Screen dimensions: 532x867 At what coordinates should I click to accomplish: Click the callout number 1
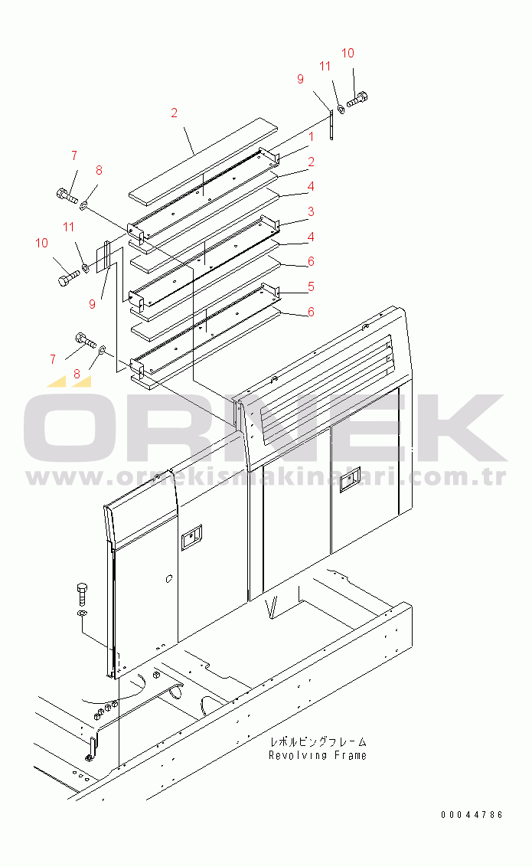[311, 136]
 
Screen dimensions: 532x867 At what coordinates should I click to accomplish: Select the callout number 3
[311, 211]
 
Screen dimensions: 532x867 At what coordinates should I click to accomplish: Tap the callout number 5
[311, 286]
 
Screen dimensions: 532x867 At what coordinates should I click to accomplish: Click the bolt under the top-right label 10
[357, 100]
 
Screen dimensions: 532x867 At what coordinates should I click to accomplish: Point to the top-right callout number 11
[325, 67]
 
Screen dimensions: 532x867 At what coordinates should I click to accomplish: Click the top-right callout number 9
[300, 79]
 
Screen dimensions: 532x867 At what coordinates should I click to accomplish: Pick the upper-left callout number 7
[74, 156]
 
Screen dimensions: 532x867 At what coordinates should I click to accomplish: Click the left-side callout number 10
[41, 243]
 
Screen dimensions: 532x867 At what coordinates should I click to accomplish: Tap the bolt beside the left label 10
[68, 276]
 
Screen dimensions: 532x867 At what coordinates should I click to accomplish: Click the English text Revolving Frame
[317, 755]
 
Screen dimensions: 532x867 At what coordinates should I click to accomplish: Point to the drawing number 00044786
[472, 814]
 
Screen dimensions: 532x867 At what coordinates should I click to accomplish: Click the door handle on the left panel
[191, 537]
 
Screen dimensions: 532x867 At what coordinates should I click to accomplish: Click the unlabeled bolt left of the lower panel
[82, 594]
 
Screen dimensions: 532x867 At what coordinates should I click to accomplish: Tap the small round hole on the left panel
[169, 579]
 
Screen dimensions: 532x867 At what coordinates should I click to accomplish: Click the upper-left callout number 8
[99, 170]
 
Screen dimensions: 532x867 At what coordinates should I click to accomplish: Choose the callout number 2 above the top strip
[174, 113]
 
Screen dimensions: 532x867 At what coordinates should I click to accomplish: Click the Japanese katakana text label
[318, 741]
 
